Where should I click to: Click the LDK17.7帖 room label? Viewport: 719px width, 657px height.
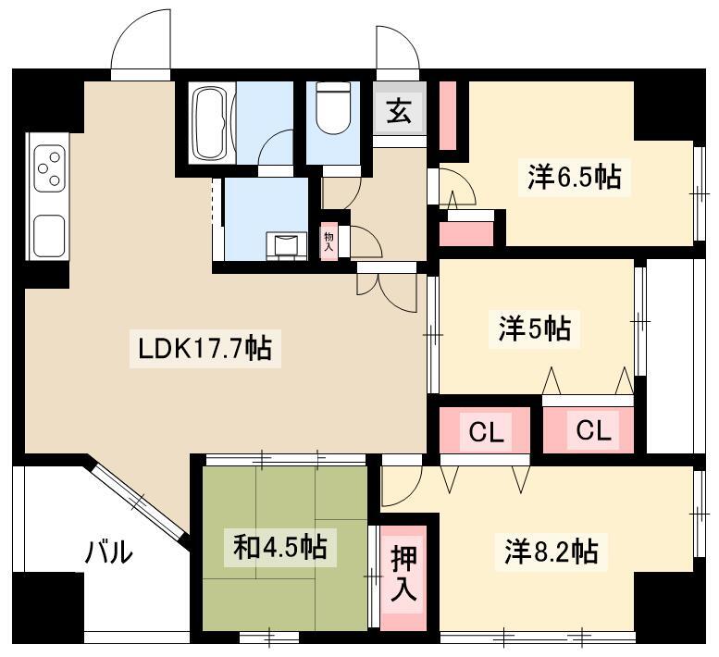[205, 348]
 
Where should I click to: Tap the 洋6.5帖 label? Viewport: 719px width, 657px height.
[575, 178]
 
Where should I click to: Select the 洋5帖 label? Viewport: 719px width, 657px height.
[535, 329]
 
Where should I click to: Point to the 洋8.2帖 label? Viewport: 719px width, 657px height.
[552, 552]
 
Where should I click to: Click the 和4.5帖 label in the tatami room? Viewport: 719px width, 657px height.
[280, 548]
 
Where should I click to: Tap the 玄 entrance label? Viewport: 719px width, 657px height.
[399, 111]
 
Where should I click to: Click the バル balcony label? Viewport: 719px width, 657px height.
[109, 552]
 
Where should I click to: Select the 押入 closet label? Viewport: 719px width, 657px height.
[403, 574]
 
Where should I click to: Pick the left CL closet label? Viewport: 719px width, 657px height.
[487, 431]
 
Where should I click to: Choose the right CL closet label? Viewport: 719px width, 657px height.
[593, 430]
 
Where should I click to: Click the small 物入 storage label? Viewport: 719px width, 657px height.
[329, 242]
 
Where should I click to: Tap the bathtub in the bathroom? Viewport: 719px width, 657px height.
[212, 123]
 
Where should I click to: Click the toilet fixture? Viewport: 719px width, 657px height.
[333, 108]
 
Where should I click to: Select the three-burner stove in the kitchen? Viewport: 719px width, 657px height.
[50, 168]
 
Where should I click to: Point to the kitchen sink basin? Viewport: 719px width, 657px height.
[49, 236]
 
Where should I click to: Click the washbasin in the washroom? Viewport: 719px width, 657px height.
[287, 245]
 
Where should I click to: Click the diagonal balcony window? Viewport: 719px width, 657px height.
[139, 502]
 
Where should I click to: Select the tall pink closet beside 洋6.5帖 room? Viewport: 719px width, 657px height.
[448, 115]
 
